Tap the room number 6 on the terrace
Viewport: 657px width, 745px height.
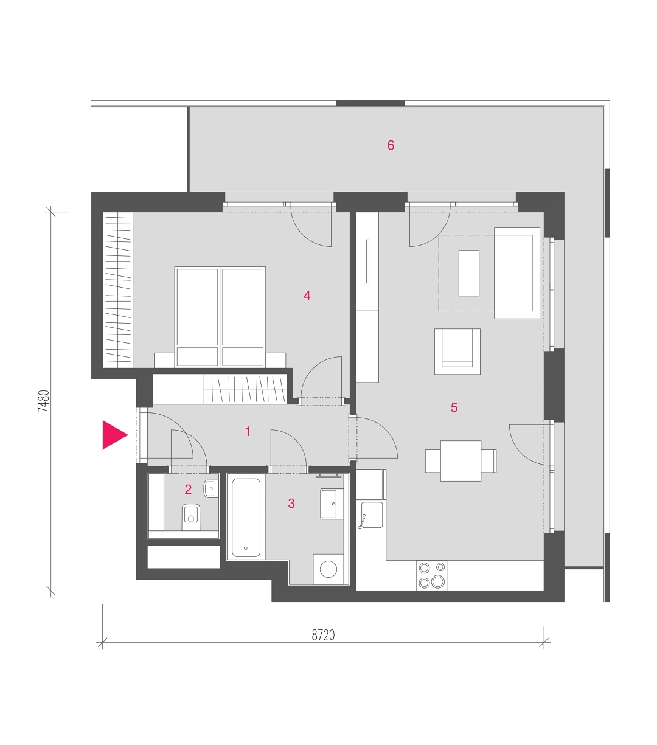click(x=391, y=145)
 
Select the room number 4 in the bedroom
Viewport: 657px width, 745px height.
click(x=307, y=296)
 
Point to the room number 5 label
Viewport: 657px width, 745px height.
click(x=454, y=407)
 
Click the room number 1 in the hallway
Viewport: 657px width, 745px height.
click(x=248, y=431)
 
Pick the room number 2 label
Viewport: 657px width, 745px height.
click(x=188, y=489)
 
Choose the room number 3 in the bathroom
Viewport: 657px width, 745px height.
click(x=291, y=504)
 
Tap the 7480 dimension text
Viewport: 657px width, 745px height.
click(x=43, y=401)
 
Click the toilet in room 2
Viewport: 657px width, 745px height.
click(x=191, y=517)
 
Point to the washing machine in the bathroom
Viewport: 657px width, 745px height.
click(x=328, y=569)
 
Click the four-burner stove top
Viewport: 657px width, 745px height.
click(x=431, y=575)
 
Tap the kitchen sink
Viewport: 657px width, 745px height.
click(x=372, y=515)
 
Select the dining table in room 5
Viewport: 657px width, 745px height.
click(x=461, y=461)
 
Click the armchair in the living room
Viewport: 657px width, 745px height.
click(x=457, y=352)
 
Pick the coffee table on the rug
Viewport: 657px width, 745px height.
click(x=469, y=273)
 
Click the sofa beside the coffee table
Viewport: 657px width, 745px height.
click(x=517, y=273)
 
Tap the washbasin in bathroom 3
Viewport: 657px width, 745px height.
click(x=332, y=504)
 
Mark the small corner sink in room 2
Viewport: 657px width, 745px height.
click(x=211, y=489)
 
